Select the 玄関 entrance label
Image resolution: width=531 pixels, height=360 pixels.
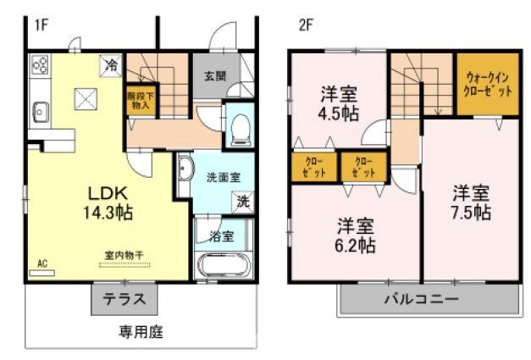point(214,75)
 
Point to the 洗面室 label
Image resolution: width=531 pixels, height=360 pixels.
point(223,177)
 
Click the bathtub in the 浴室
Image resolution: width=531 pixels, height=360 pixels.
point(222,263)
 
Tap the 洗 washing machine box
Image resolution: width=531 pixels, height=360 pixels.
point(242,202)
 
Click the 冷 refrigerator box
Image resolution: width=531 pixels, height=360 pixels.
point(110,64)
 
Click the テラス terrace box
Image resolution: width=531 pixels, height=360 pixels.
point(124,298)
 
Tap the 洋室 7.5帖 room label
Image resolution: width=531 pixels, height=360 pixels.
point(470,202)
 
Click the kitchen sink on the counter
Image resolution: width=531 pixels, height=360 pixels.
point(40,109)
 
